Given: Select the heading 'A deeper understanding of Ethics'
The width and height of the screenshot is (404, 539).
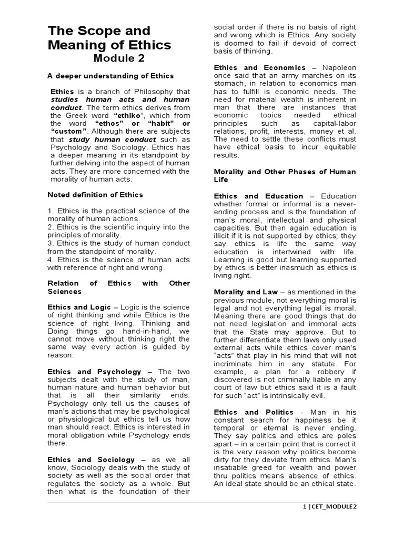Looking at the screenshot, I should pyautogui.click(x=103, y=76).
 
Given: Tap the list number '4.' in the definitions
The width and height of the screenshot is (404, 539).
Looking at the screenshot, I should pyautogui.click(x=51, y=259).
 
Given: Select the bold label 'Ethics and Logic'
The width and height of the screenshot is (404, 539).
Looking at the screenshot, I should pyautogui.click(x=79, y=307).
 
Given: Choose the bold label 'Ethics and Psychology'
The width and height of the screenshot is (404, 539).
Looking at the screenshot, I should pyautogui.click(x=95, y=371).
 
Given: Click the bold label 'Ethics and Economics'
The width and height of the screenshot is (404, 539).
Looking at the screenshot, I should pyautogui.click(x=259, y=67).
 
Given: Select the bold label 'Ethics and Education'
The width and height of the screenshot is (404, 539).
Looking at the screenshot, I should pyautogui.click(x=258, y=196).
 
